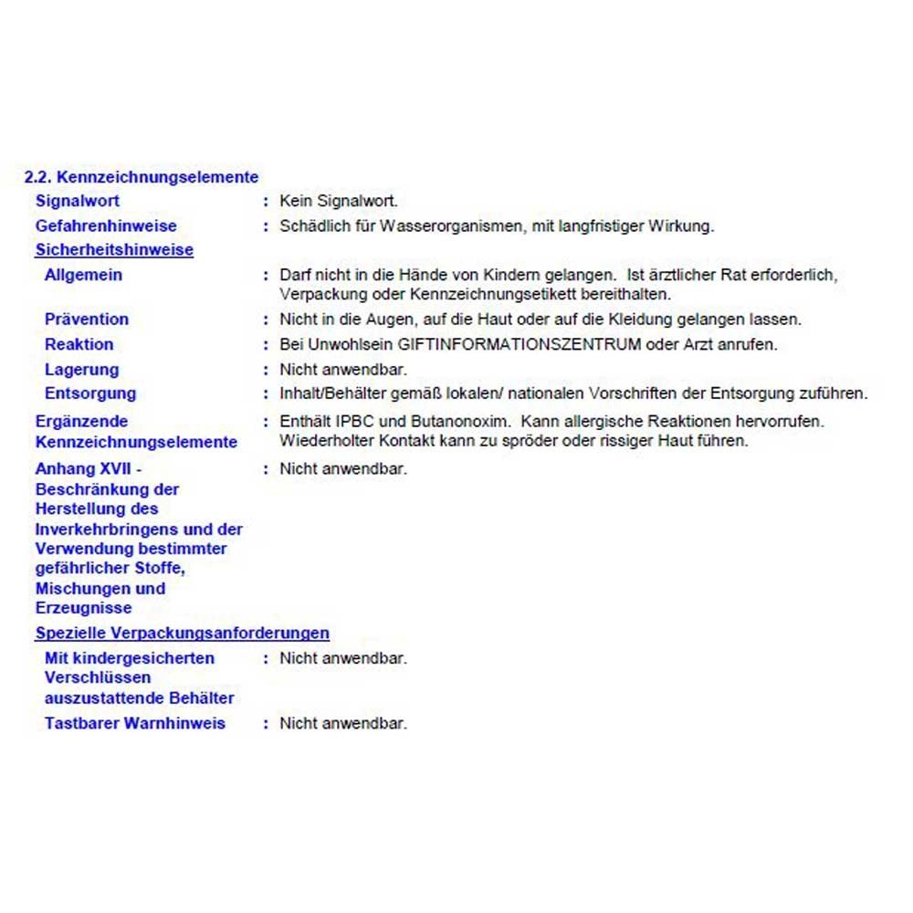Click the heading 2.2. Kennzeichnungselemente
142,177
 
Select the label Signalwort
78,201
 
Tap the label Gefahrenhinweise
106,226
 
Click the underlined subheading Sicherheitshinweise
114,249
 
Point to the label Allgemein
83,275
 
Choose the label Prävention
87,320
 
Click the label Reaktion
79,344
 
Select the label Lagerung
81,370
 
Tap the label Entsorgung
90,394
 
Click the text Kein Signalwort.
339,201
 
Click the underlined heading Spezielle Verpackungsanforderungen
183,633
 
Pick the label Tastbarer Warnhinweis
135,723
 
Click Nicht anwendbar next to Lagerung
343,370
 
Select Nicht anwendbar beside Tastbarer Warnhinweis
343,723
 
